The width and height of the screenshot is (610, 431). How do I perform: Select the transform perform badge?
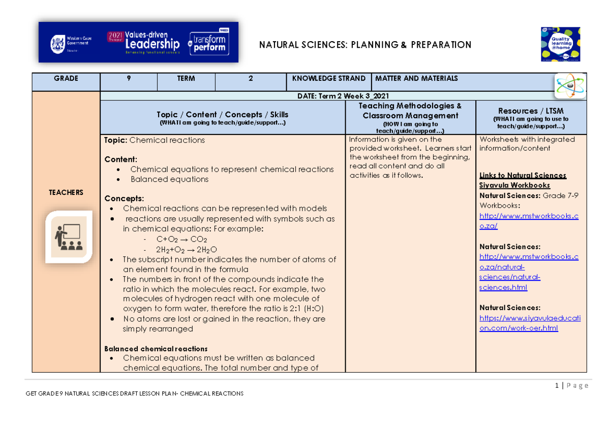[208, 43]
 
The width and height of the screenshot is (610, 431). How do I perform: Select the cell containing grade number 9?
[129, 79]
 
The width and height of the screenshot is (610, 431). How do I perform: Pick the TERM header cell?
[186, 79]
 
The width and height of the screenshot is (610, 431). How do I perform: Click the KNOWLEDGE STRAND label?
[329, 79]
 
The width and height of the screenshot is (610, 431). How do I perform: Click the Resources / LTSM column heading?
[531, 111]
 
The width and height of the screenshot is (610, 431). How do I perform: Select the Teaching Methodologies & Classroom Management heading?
[410, 111]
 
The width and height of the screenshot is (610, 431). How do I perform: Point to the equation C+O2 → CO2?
[181, 239]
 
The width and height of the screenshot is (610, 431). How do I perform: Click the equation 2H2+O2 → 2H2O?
[187, 249]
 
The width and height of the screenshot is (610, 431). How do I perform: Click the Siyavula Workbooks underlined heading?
[514, 185]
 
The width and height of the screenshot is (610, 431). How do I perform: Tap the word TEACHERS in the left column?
[66, 192]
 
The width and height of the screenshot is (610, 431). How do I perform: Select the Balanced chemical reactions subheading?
[156, 349]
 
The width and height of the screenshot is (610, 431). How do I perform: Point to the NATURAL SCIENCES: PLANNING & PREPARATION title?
[365, 45]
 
